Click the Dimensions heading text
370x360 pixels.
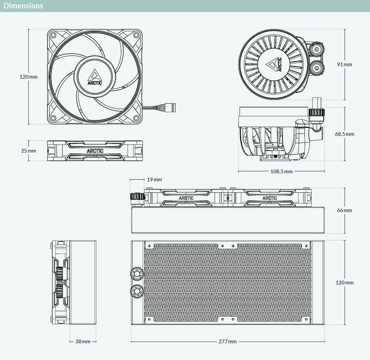[x=23, y=6]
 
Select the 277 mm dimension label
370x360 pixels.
[x=228, y=341]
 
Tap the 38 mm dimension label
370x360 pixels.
[x=83, y=341]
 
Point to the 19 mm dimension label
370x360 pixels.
[x=154, y=180]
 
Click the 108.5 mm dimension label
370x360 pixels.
[x=281, y=172]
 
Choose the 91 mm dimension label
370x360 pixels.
[x=344, y=65]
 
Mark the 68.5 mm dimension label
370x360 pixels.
[x=345, y=134]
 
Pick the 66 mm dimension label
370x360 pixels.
[x=344, y=210]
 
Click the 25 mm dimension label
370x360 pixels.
[x=28, y=151]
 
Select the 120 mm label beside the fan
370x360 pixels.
[x=28, y=77]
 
